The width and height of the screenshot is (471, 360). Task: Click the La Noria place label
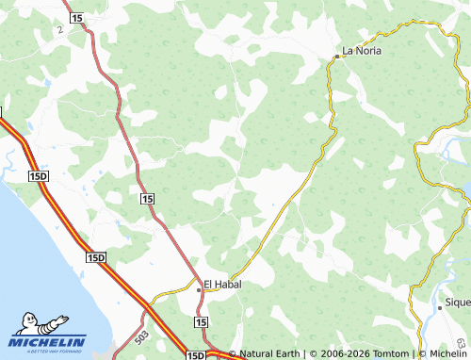363,51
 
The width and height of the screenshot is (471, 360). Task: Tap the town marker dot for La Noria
336,57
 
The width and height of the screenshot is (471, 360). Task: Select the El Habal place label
223,284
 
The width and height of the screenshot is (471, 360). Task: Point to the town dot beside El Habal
198,290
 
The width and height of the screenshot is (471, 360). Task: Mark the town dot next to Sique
440,306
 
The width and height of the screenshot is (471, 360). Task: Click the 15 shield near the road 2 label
76,19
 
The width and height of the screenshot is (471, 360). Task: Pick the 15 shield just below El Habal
201,322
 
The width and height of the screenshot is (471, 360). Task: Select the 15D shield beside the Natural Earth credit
195,354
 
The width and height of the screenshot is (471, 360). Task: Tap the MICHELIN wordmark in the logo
49,342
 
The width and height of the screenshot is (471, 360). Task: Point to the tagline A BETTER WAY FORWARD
49,352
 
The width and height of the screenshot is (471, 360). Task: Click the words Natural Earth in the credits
272,354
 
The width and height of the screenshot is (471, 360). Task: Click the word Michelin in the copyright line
442,354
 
